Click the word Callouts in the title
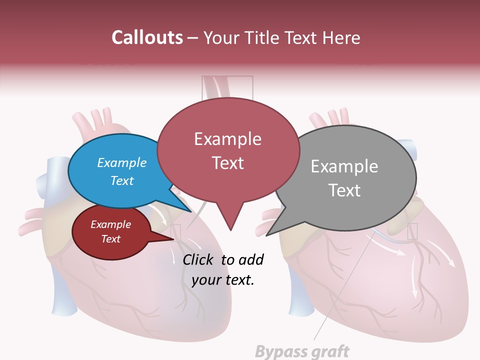(x=147, y=37)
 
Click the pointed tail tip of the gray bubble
(x=267, y=235)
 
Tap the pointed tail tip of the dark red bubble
(x=173, y=240)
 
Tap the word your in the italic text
(x=205, y=280)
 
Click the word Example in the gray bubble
(x=344, y=166)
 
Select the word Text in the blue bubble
(x=122, y=180)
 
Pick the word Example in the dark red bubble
(x=110, y=224)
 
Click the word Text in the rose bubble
(x=228, y=163)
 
